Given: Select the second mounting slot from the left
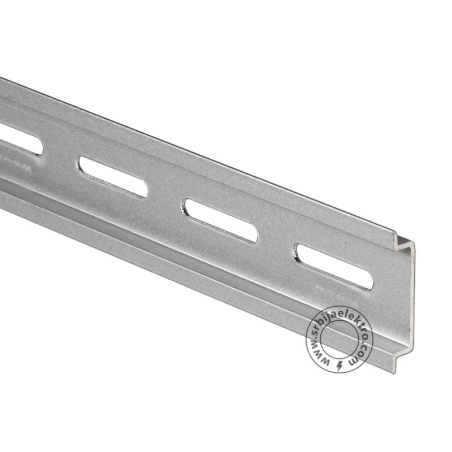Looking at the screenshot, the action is click(112, 177).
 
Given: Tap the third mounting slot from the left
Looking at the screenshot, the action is click(221, 221).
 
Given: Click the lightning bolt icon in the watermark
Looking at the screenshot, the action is click(340, 366).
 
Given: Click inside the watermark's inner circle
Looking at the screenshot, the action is click(339, 340).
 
